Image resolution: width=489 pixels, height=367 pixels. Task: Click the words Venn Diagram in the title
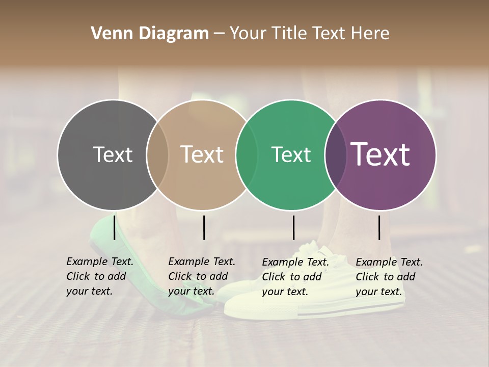click(149, 34)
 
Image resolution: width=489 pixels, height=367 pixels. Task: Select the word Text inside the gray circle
click(113, 155)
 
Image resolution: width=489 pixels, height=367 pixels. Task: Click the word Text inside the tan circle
click(202, 155)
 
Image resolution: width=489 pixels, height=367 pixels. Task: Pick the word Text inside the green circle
click(291, 155)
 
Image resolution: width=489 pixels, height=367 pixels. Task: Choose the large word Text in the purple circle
click(381, 154)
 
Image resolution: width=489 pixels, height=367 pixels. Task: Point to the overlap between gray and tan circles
click(157, 155)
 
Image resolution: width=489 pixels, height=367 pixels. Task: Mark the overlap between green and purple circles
click(335, 155)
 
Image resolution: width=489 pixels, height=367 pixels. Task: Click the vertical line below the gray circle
click(114, 227)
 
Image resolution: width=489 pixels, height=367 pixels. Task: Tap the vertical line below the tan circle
click(204, 227)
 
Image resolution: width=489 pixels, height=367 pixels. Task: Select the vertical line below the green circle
click(293, 227)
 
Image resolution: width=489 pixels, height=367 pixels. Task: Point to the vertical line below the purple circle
click(379, 227)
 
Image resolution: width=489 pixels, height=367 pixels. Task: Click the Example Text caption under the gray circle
click(100, 276)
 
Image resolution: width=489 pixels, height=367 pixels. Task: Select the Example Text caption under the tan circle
click(202, 276)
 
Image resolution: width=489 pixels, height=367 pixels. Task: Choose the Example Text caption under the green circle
click(295, 277)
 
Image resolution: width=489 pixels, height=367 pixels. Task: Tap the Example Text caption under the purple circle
click(389, 277)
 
